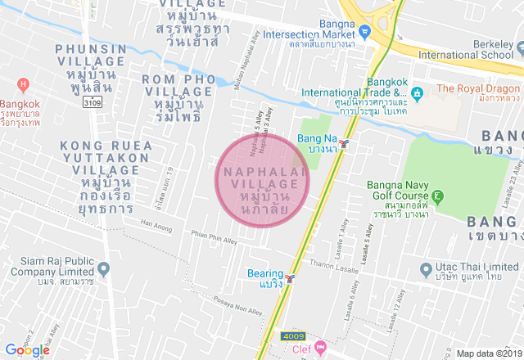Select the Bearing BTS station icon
click(290, 278)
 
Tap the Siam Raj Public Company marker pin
click(103, 268)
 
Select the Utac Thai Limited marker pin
click(426, 268)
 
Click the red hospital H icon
click(23, 84)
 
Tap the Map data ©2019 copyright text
click(489, 353)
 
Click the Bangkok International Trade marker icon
click(417, 92)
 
